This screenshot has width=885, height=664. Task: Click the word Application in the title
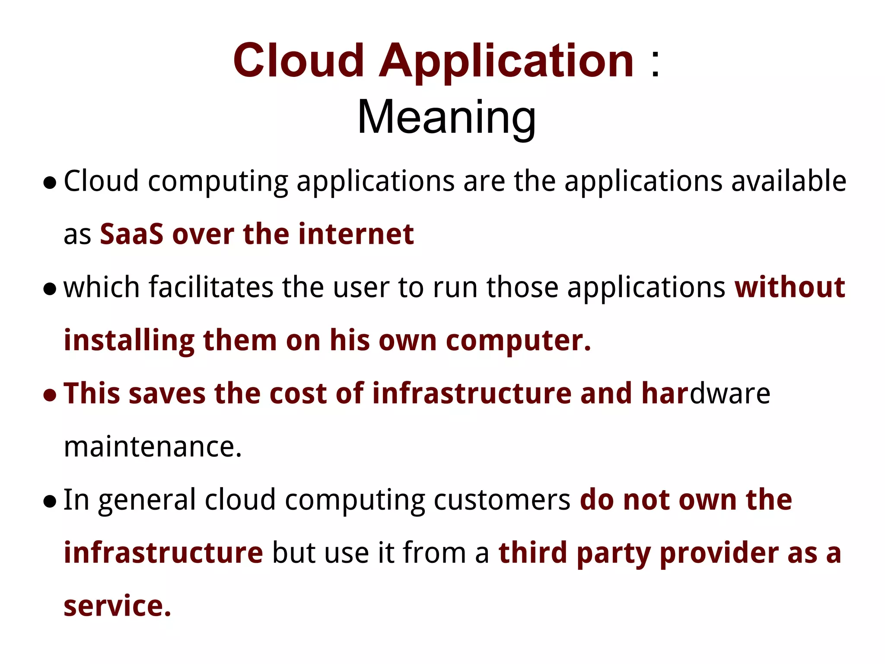pyautogui.click(x=506, y=62)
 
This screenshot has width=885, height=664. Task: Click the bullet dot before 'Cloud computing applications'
pyautogui.click(x=50, y=183)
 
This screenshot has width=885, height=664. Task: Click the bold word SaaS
pyautogui.click(x=131, y=234)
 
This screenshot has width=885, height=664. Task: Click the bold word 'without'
pyautogui.click(x=790, y=287)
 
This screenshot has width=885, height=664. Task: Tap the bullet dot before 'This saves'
pyautogui.click(x=50, y=396)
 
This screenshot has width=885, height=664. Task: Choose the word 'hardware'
pyautogui.click(x=706, y=394)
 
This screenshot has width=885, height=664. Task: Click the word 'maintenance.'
pyautogui.click(x=153, y=447)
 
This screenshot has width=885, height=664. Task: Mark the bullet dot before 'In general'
pyautogui.click(x=50, y=502)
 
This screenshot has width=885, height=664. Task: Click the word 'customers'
pyautogui.click(x=502, y=500)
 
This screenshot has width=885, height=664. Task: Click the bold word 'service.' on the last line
pyautogui.click(x=118, y=606)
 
